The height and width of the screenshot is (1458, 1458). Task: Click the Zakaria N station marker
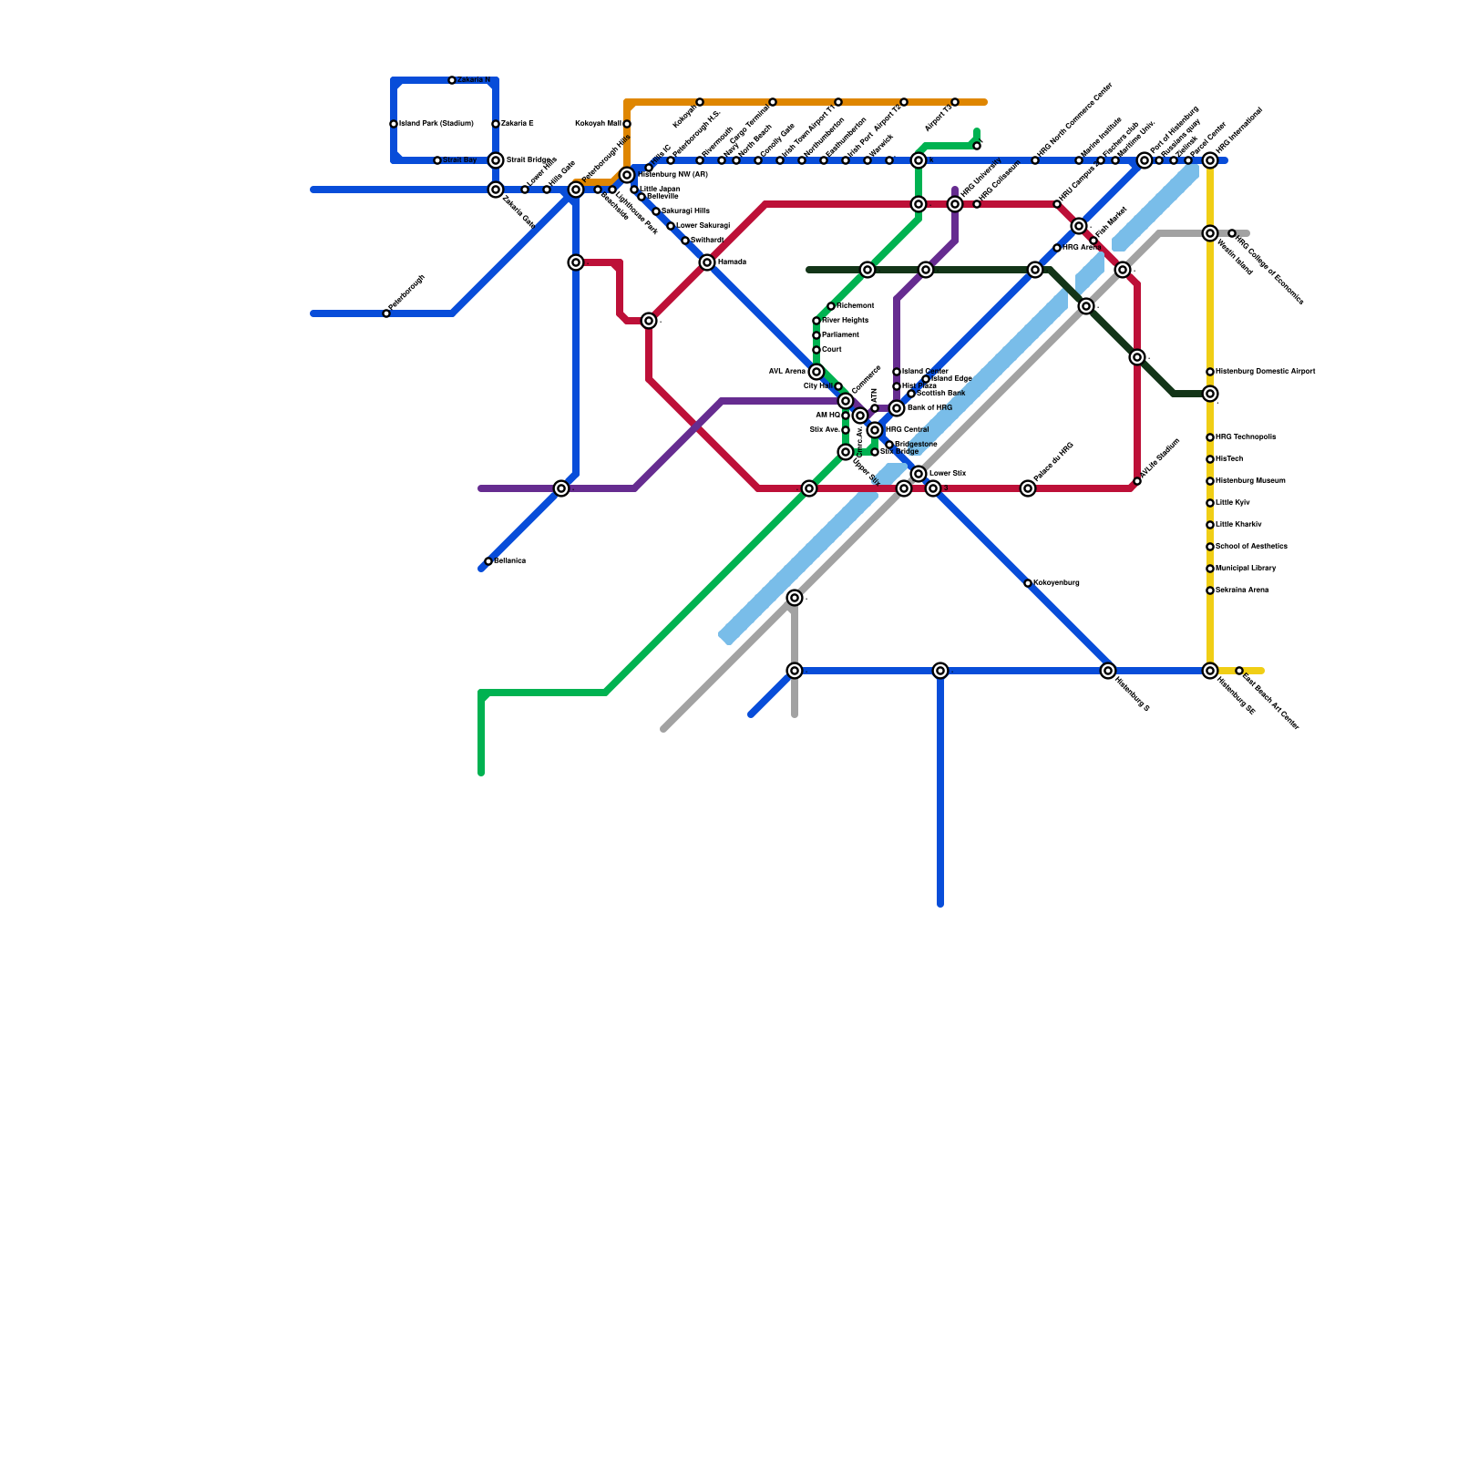[452, 80]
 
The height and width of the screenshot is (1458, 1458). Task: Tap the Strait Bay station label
[460, 160]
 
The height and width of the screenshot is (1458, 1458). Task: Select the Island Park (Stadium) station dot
[394, 124]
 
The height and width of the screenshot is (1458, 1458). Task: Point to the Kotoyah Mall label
[598, 124]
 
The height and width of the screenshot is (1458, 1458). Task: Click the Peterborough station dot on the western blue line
[386, 313]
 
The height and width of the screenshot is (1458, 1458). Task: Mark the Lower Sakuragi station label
[703, 226]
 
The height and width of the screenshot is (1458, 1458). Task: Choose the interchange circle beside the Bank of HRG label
[897, 408]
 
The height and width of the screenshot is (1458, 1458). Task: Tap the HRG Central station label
[908, 430]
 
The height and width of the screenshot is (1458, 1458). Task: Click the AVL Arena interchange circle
[816, 372]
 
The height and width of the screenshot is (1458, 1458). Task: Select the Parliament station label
[840, 335]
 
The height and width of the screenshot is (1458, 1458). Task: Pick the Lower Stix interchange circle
[919, 474]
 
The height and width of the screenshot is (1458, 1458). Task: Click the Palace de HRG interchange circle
[1028, 488]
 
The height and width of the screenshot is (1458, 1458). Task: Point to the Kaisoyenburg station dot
[1028, 583]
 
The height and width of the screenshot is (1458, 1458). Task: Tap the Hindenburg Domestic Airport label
[1266, 372]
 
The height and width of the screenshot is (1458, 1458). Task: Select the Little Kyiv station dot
[1210, 503]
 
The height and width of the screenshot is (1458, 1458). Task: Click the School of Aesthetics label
[1252, 547]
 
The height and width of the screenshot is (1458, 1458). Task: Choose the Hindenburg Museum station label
[1250, 481]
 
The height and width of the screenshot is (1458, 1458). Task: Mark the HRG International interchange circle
[1210, 160]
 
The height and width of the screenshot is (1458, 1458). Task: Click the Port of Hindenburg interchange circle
[1145, 160]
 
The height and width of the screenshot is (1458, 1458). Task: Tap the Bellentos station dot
[488, 561]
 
